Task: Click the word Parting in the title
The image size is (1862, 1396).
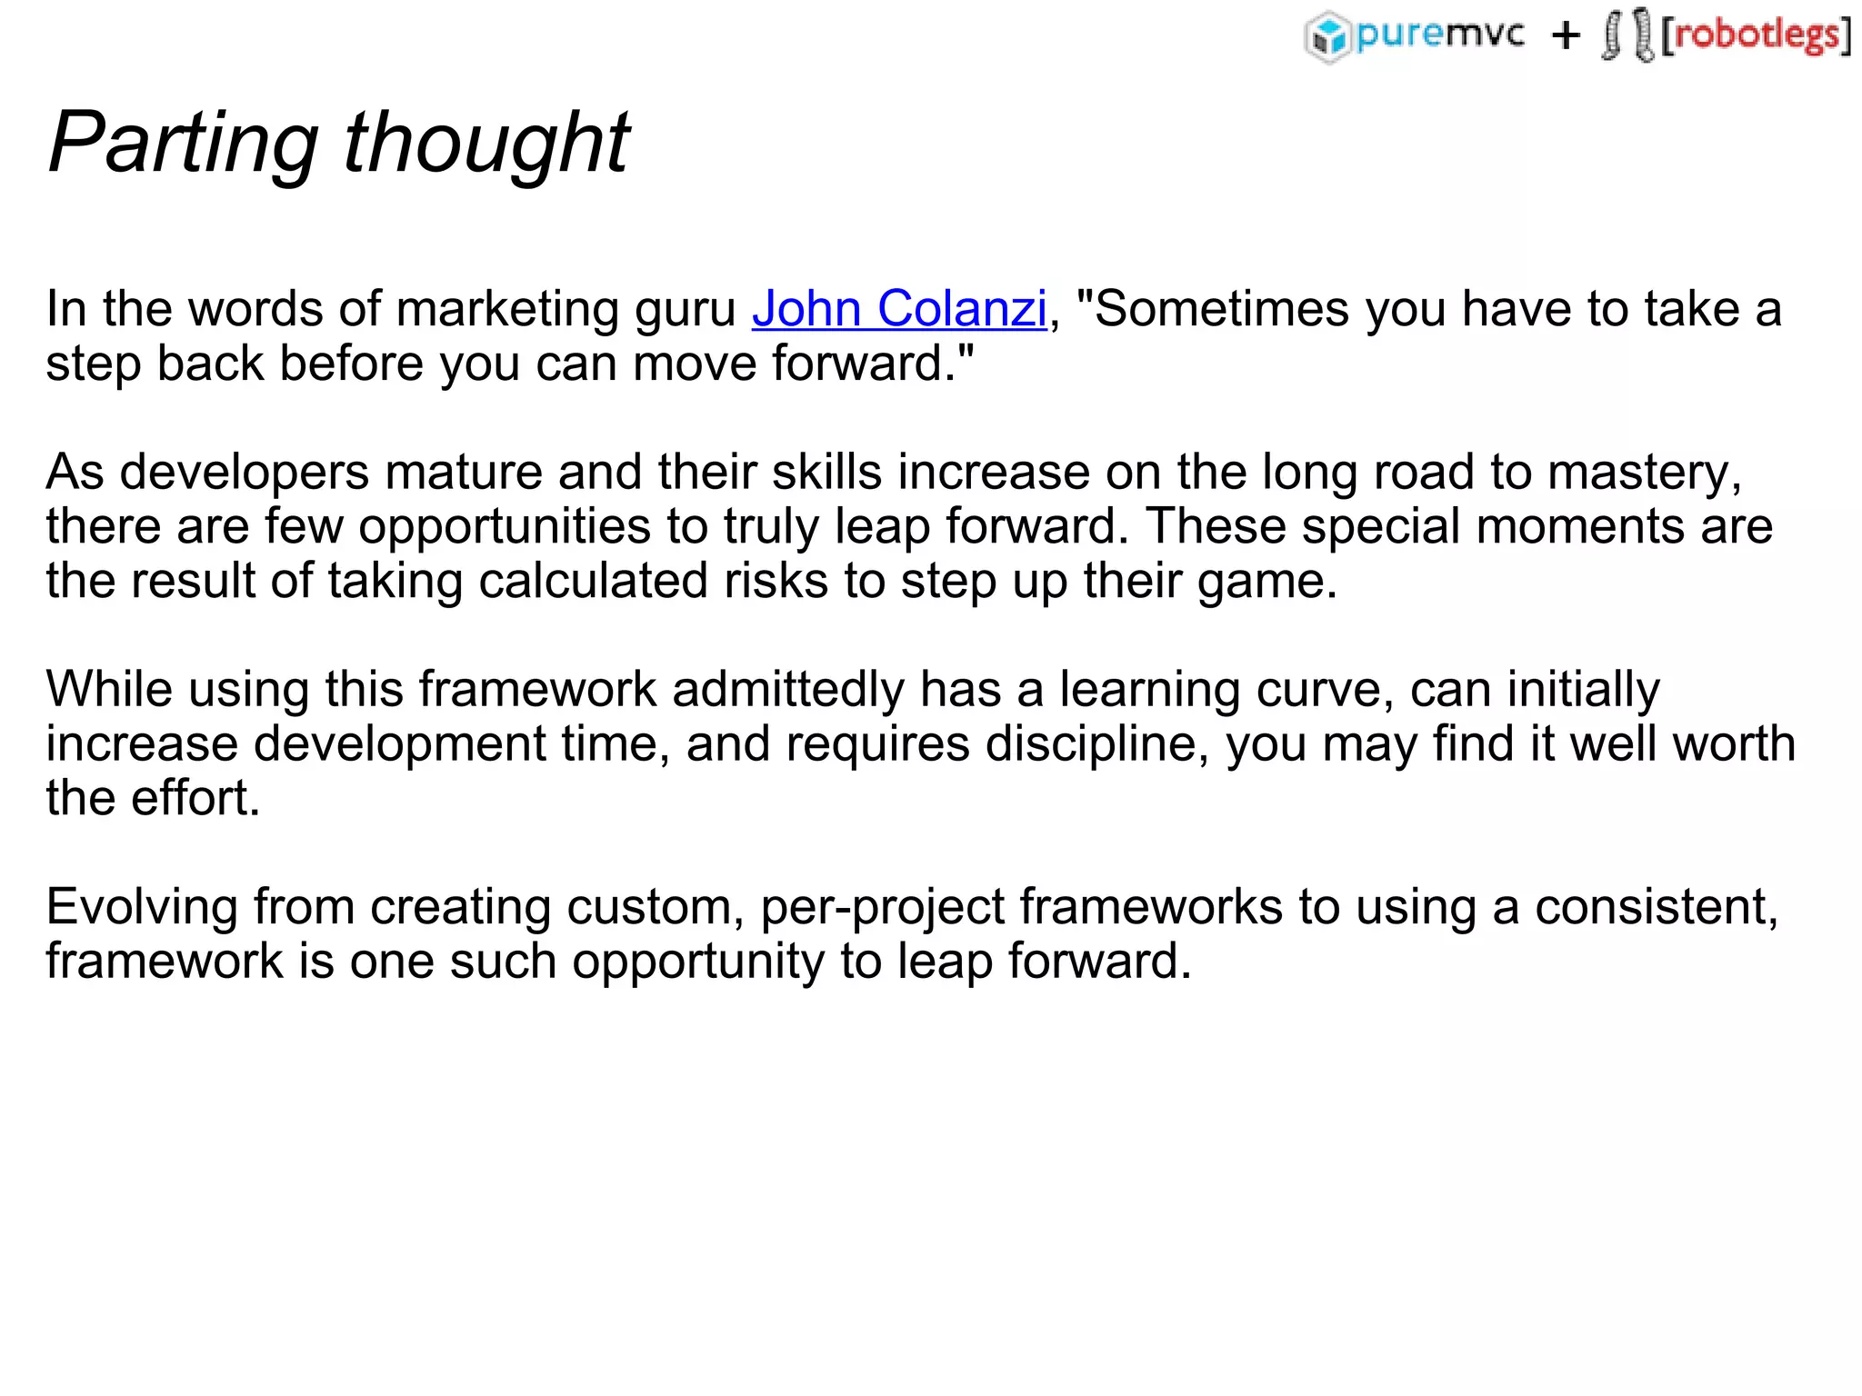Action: click(x=183, y=143)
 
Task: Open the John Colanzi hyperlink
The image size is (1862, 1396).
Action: click(x=899, y=309)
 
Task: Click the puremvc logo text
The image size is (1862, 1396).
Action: click(x=1439, y=35)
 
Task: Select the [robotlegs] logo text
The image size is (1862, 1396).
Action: click(x=1756, y=35)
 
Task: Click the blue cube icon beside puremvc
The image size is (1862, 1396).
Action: click(x=1329, y=36)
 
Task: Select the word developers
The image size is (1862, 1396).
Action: click(x=245, y=473)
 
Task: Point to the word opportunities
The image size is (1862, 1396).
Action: click(x=505, y=527)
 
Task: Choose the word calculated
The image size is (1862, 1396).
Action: click(x=593, y=582)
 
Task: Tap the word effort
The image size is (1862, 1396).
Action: click(x=195, y=799)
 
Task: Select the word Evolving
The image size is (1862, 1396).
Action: click(x=141, y=907)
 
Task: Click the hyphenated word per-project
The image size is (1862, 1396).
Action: click(x=882, y=907)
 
